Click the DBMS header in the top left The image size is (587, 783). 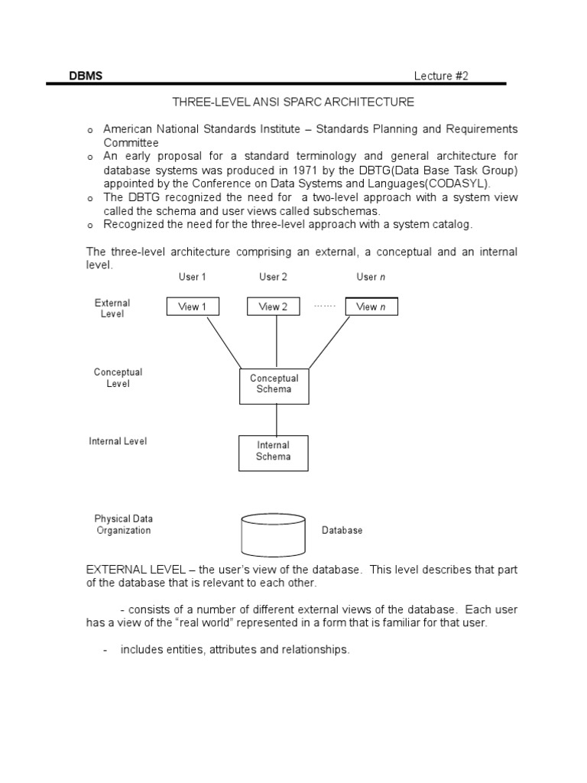(x=86, y=76)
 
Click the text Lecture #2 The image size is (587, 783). (x=441, y=76)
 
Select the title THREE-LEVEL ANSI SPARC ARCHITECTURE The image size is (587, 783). (x=293, y=102)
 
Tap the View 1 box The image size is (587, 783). (x=193, y=307)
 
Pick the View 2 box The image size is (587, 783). (x=273, y=307)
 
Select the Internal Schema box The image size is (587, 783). (x=274, y=451)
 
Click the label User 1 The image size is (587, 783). (x=192, y=277)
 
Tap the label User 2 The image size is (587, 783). (x=273, y=277)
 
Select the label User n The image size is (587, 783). (x=371, y=277)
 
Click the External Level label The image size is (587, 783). (x=112, y=308)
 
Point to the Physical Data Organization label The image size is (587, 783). (x=124, y=525)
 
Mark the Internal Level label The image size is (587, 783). (x=118, y=441)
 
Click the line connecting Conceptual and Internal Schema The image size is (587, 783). (x=276, y=419)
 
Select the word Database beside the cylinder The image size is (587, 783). (x=342, y=530)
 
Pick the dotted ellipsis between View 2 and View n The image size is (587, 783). (x=325, y=306)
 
